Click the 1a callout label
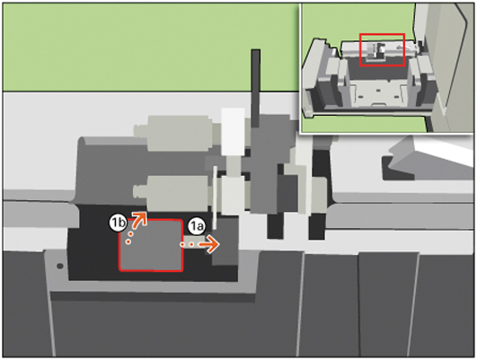click(197, 226)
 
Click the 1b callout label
click(118, 223)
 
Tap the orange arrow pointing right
click(199, 244)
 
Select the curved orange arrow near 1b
click(137, 226)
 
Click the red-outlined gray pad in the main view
click(151, 245)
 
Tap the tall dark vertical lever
click(255, 88)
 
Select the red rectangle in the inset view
click(382, 50)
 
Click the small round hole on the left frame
click(60, 266)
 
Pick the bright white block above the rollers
click(233, 131)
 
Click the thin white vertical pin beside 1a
click(215, 198)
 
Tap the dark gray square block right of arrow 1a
click(225, 242)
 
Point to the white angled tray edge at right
click(441, 151)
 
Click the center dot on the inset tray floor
click(378, 91)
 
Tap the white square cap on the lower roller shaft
click(233, 195)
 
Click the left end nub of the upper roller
click(140, 131)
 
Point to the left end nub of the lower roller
click(139, 192)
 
